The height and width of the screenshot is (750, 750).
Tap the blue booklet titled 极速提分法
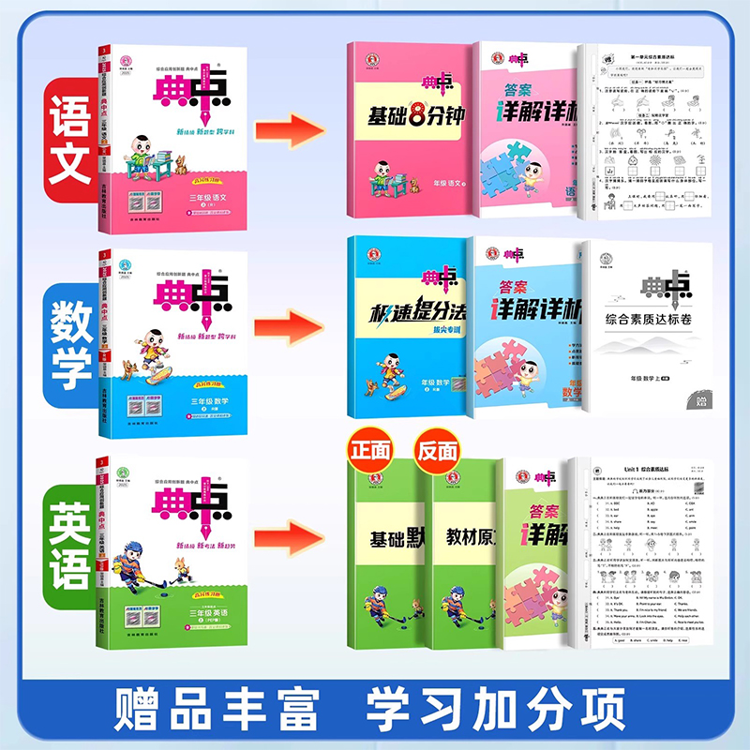click(x=408, y=328)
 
